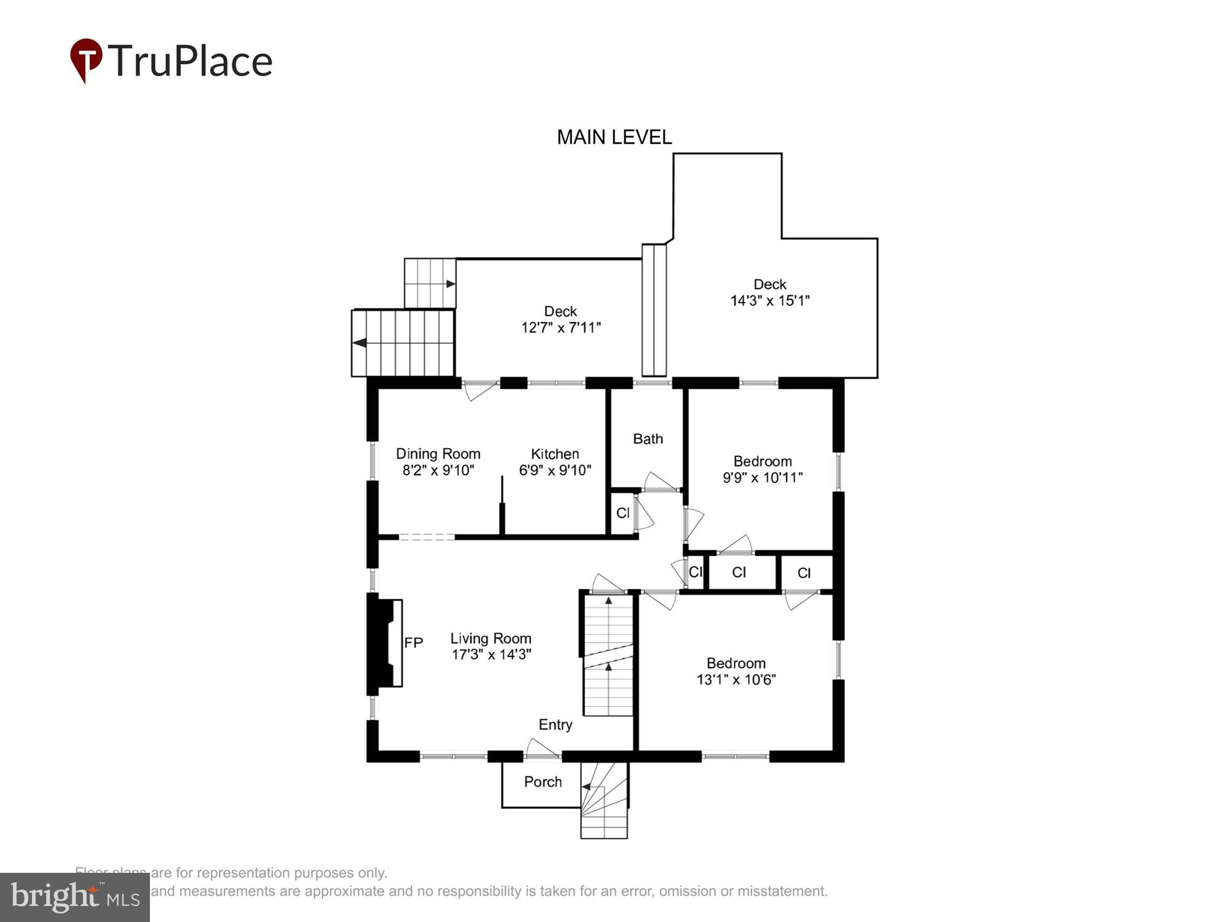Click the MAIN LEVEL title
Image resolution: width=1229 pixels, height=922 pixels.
click(x=614, y=137)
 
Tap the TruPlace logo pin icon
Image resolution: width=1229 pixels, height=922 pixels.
click(x=86, y=60)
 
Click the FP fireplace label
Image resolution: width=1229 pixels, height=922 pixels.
click(x=414, y=643)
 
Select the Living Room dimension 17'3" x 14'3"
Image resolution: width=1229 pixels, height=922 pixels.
click(x=491, y=655)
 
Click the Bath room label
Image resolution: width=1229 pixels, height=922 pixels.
click(x=648, y=439)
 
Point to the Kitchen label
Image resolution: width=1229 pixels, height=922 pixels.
click(x=554, y=454)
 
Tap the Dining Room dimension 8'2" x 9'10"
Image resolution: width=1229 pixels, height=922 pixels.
click(x=438, y=471)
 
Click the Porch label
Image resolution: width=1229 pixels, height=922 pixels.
click(x=543, y=782)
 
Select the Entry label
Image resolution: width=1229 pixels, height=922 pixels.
click(x=555, y=725)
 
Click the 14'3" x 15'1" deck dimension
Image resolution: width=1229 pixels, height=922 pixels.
click(x=769, y=301)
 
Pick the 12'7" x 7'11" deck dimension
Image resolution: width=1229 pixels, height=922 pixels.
click(x=560, y=328)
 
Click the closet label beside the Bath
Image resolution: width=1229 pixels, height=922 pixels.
click(x=622, y=513)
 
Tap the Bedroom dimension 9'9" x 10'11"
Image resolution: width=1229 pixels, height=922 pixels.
click(x=762, y=478)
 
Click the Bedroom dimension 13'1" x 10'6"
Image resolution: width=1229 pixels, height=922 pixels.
click(x=736, y=680)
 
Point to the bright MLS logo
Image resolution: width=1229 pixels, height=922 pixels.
click(x=75, y=897)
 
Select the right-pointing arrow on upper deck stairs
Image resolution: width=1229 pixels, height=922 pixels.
click(x=450, y=284)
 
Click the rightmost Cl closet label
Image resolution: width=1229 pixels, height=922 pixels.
click(x=804, y=573)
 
